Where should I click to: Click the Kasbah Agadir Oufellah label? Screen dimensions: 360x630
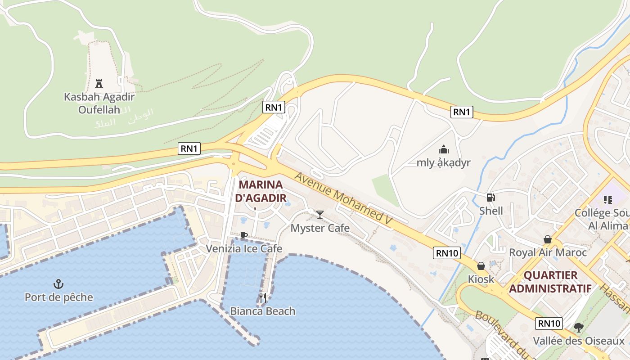[x=99, y=103]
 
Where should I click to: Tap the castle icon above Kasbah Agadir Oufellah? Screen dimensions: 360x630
[x=99, y=83]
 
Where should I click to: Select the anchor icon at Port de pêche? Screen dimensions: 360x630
[x=58, y=284]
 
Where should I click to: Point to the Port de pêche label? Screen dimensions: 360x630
[x=59, y=297]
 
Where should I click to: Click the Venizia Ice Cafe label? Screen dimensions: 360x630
[x=244, y=248]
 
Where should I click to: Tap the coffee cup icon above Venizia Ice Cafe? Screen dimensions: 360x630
[x=243, y=235]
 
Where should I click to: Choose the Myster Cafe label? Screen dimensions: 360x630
[x=320, y=228]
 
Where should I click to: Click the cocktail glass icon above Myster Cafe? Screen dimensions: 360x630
[x=320, y=215]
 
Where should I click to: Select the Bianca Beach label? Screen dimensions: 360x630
[x=263, y=311]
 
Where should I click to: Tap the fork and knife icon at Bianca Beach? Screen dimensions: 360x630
[x=263, y=297]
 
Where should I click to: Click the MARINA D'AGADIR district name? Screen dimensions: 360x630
[x=261, y=191]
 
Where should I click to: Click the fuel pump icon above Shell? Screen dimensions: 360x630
[x=490, y=198]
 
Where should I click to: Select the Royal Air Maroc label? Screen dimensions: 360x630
[x=548, y=252]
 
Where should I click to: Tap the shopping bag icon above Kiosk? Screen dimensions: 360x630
[x=481, y=266]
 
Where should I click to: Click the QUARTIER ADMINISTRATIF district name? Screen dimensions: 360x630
[x=550, y=282]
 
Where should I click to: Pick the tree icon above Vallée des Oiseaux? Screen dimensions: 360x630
[x=579, y=328]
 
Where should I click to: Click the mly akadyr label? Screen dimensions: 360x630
[x=443, y=162]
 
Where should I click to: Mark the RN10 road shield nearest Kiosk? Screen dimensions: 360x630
[x=448, y=253]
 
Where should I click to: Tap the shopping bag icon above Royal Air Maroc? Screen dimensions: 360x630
[x=548, y=239]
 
